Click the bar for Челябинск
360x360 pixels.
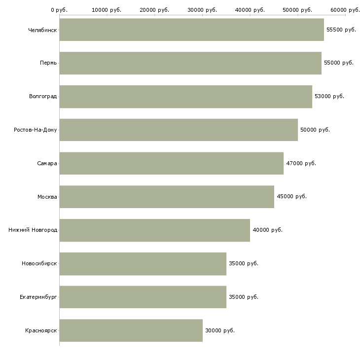(191, 30)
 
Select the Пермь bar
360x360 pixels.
(190, 63)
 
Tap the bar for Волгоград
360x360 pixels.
(185, 97)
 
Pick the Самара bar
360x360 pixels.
(171, 163)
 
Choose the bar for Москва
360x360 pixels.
(167, 197)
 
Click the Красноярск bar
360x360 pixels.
(131, 330)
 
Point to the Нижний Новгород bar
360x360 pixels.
(154, 230)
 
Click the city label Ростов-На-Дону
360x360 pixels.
(36, 130)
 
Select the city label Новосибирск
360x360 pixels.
(39, 264)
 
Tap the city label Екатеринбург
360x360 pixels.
(38, 297)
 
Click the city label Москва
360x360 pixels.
(47, 197)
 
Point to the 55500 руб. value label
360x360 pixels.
(341, 30)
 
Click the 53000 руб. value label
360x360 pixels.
(329, 97)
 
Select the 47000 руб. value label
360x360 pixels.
(301, 163)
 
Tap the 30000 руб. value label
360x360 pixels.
(219, 330)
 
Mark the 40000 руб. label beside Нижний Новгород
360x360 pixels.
(267, 230)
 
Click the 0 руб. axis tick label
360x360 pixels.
(59, 10)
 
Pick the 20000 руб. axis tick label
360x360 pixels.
(154, 10)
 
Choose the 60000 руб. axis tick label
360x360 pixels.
(345, 10)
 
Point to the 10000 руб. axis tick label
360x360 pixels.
(107, 10)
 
